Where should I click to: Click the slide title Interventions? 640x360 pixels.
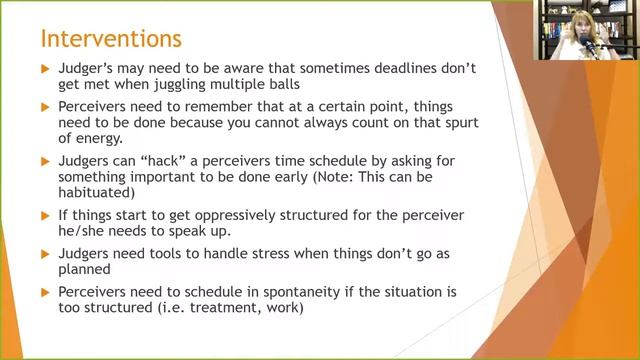(110, 39)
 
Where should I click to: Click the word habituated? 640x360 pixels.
(103, 192)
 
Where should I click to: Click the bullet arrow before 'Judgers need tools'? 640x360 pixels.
(44, 252)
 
